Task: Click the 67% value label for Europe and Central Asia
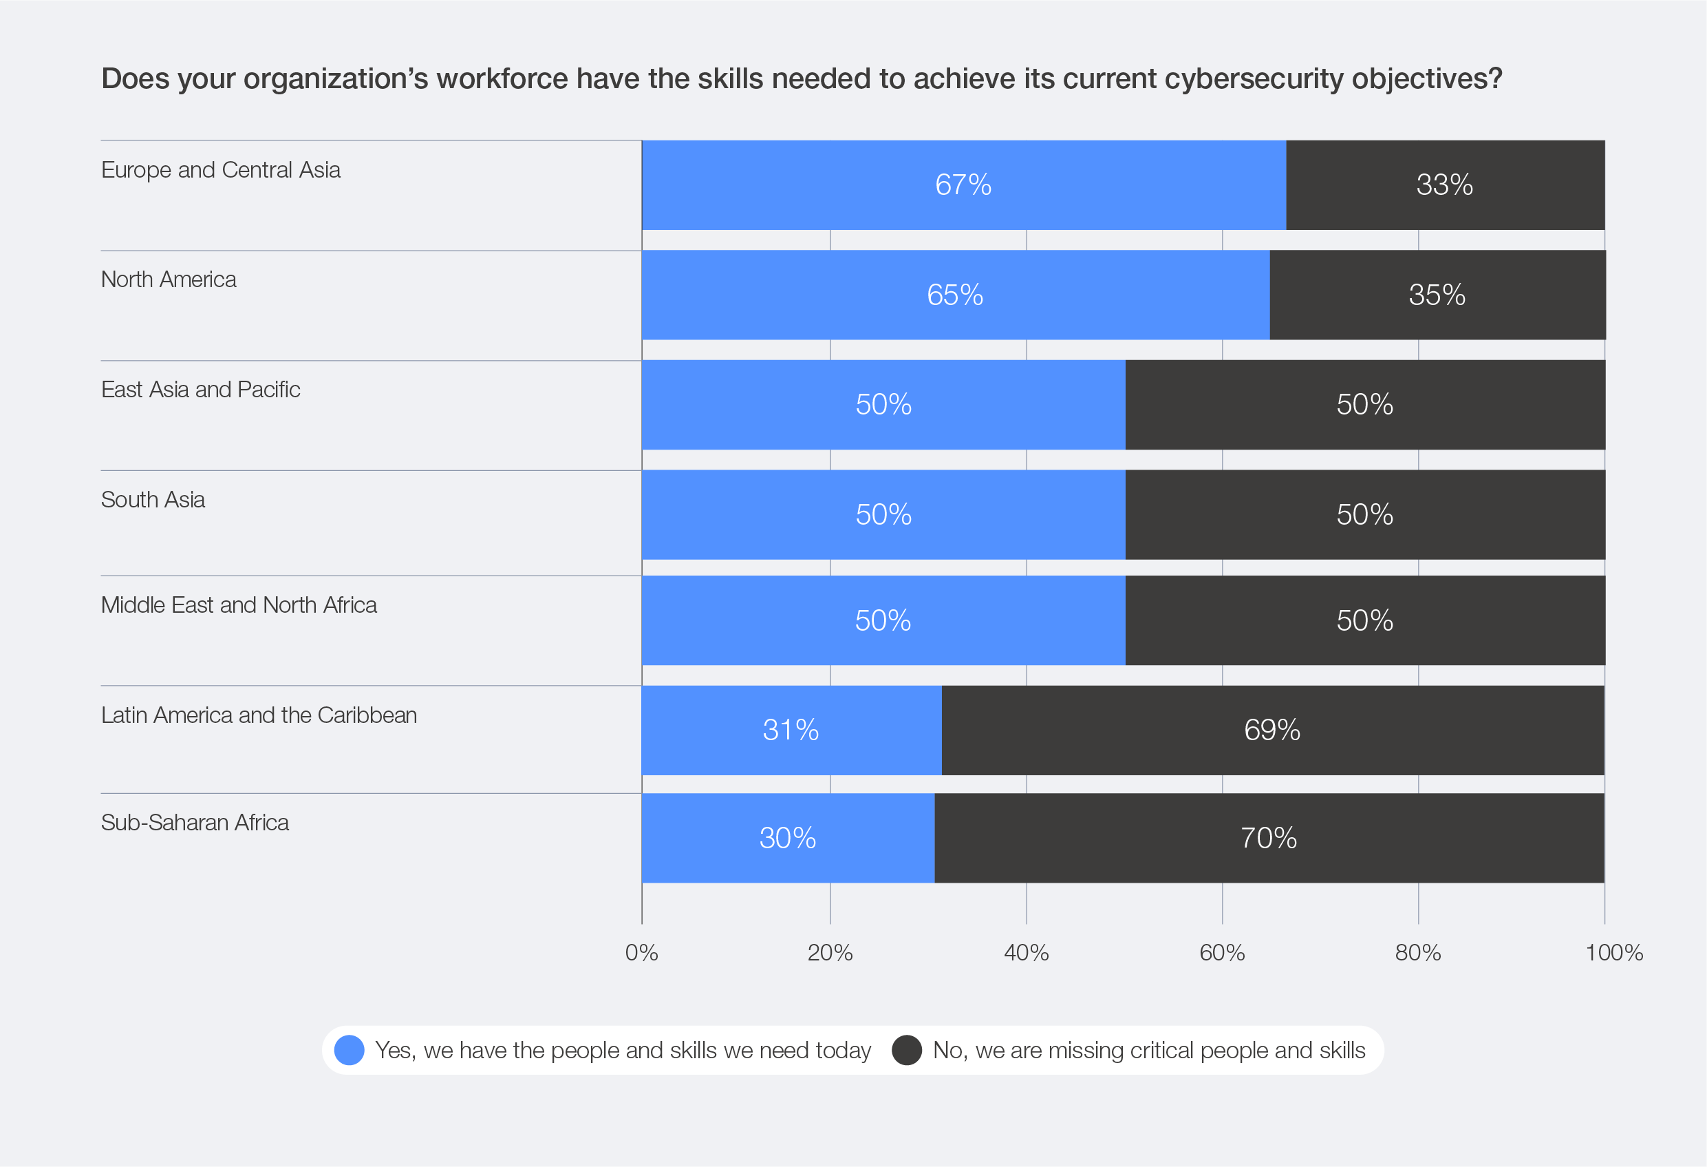click(x=963, y=185)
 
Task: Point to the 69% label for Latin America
click(x=1272, y=730)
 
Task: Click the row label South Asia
click(x=153, y=500)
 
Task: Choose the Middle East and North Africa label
click(x=239, y=604)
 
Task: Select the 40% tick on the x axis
click(x=1026, y=953)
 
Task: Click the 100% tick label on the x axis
click(x=1613, y=953)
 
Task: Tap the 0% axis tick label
click(x=641, y=953)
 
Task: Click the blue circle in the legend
click(x=350, y=1050)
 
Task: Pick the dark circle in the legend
click(x=907, y=1050)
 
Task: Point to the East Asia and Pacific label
click(x=200, y=390)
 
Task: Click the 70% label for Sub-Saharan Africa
click(x=1269, y=839)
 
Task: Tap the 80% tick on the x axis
click(x=1417, y=953)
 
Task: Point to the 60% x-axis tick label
click(x=1222, y=953)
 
